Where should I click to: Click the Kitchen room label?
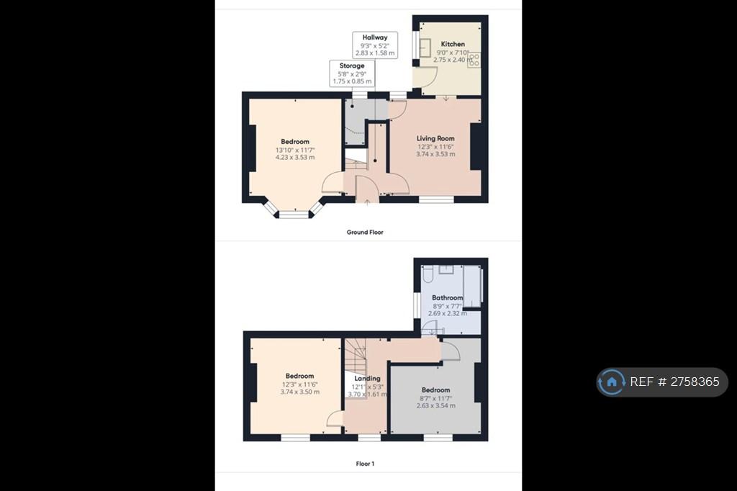(453, 44)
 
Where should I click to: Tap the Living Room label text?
(435, 138)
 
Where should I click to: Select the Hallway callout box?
(375, 45)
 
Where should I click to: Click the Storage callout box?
(352, 73)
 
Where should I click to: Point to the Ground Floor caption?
(365, 232)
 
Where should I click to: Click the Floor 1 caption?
(365, 464)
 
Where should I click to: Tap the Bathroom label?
(447, 298)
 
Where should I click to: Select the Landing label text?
(367, 378)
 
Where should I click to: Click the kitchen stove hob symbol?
(474, 60)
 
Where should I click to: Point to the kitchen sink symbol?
(425, 48)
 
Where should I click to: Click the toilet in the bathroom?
(428, 274)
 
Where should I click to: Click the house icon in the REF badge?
(612, 382)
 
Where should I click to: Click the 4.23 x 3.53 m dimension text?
(295, 157)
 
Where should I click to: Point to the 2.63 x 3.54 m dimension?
(435, 405)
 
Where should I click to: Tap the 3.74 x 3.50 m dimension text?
(300, 392)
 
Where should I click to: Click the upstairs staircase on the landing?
(356, 355)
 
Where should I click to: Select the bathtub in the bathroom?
(472, 287)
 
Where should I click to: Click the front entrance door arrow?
(367, 202)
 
